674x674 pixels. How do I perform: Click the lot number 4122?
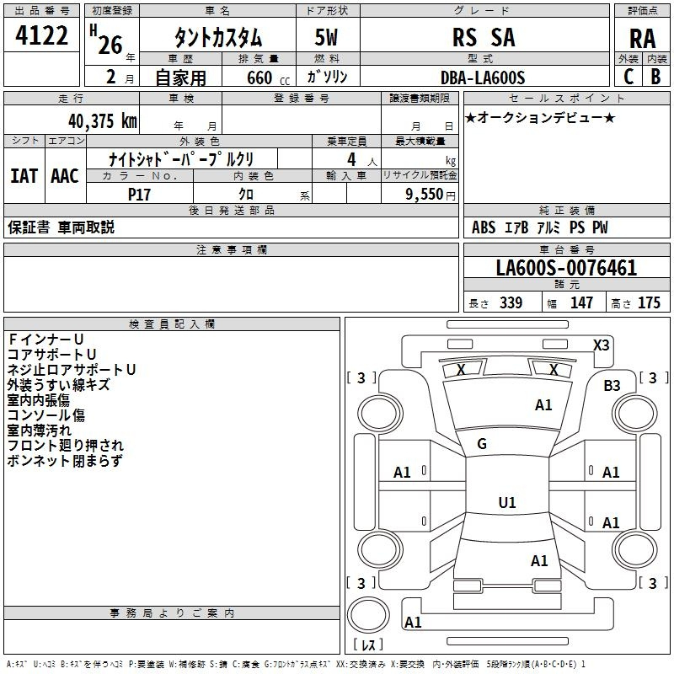coord(41,35)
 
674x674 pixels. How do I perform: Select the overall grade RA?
coord(643,39)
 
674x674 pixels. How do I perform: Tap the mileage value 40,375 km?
coord(102,121)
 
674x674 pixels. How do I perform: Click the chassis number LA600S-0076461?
coord(566,268)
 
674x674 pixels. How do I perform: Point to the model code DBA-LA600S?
coord(483,78)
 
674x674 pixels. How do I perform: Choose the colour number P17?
coord(139,195)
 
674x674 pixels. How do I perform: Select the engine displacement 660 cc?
coord(268,78)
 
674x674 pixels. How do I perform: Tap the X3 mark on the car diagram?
coord(601,345)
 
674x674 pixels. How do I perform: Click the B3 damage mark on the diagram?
coord(612,385)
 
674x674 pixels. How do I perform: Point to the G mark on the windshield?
coord(482,444)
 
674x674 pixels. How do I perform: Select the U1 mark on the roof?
coord(507,502)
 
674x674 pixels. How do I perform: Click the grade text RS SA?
coord(484,37)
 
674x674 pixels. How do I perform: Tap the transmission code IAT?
coord(24,176)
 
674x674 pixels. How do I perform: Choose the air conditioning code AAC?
coord(65,176)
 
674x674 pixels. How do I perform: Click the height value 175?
coord(649,302)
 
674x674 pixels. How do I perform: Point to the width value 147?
coord(581,302)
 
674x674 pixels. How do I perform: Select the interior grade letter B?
coord(655,77)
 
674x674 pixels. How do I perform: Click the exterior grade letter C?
coord(629,77)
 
